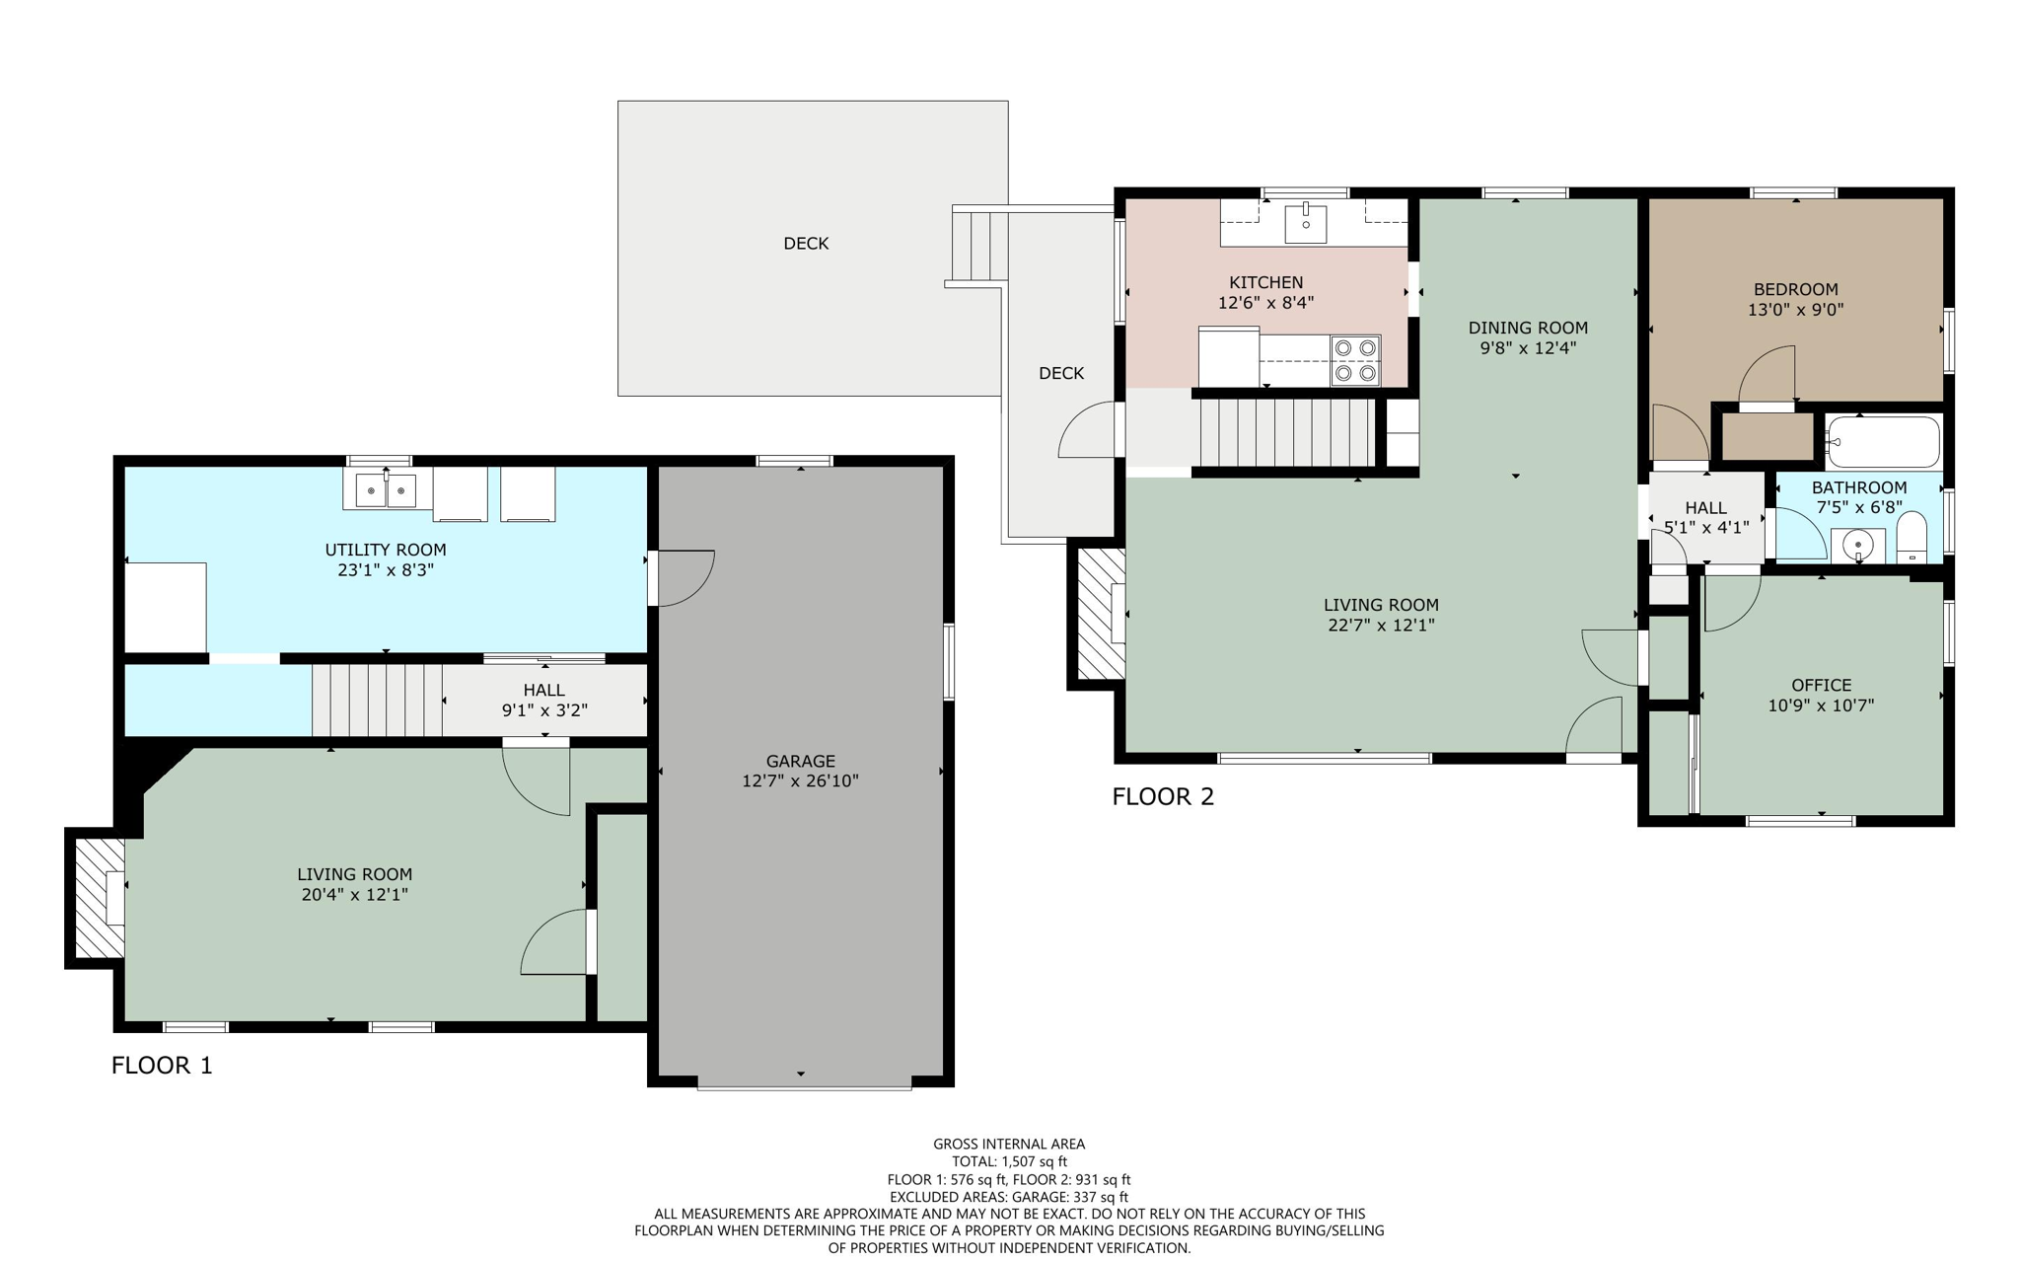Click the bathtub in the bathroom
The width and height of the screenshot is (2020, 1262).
tap(1882, 441)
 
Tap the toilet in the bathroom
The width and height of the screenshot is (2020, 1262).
tap(1912, 538)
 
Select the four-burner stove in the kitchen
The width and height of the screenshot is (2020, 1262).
tap(1354, 360)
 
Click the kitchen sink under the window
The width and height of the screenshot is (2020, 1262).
tap(1305, 222)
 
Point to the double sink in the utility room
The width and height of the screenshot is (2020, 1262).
tap(385, 490)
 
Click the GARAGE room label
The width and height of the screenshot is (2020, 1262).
tap(800, 761)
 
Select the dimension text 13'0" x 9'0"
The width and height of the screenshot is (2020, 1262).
tap(1795, 310)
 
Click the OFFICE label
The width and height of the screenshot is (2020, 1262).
tap(1821, 685)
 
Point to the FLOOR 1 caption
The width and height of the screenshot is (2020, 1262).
tap(162, 1065)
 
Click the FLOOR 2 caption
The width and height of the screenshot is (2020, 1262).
tap(1163, 796)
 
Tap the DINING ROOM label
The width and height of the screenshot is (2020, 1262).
tap(1528, 328)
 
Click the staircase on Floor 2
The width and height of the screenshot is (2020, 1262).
tap(1285, 432)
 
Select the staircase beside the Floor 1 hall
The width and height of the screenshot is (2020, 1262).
tap(377, 700)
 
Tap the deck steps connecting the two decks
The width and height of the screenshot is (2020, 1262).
tap(978, 247)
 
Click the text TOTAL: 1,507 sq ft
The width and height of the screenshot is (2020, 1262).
tap(1009, 1161)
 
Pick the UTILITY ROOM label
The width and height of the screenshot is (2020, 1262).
tap(386, 550)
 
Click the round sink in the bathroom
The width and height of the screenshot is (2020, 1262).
tap(1857, 545)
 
